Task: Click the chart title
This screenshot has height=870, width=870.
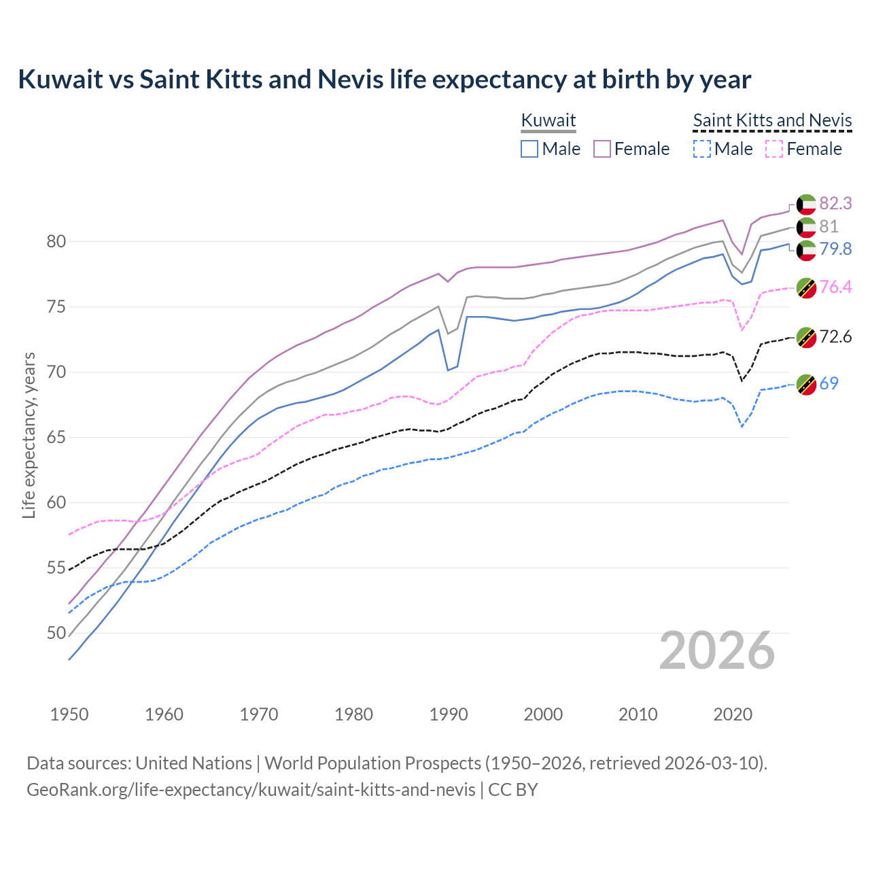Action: [x=385, y=80]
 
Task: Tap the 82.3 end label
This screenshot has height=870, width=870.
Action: [x=835, y=203]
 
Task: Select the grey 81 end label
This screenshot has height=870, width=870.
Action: [x=829, y=226]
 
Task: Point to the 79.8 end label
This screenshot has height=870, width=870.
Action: [x=835, y=249]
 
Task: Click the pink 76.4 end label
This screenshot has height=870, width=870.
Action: [x=835, y=287]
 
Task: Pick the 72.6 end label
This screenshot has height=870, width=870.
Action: [x=835, y=336]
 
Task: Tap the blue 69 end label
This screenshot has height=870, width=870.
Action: [x=829, y=383]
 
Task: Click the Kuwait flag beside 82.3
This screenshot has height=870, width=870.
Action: [x=806, y=204]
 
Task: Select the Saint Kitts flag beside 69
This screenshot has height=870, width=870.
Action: [x=806, y=384]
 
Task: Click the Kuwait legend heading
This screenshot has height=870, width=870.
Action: [x=549, y=120]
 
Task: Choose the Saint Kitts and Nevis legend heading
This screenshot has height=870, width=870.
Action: [x=772, y=120]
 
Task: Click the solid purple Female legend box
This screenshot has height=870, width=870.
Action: [x=602, y=149]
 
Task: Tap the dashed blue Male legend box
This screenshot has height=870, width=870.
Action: [x=702, y=149]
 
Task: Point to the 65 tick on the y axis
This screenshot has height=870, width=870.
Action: [x=56, y=437]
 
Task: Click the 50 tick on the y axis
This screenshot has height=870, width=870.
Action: [x=56, y=633]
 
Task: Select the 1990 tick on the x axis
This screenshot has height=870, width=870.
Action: [x=449, y=714]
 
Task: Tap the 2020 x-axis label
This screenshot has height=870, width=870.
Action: [x=733, y=714]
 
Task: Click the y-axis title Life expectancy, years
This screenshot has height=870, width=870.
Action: [x=29, y=435]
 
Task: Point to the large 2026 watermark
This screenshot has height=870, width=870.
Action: [x=717, y=650]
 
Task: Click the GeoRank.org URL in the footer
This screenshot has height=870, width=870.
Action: [x=251, y=790]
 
